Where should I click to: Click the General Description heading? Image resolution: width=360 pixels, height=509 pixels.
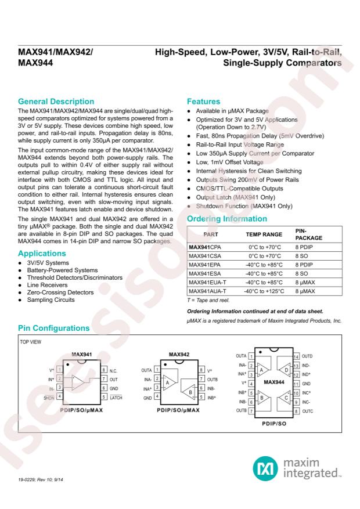coord(56,102)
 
